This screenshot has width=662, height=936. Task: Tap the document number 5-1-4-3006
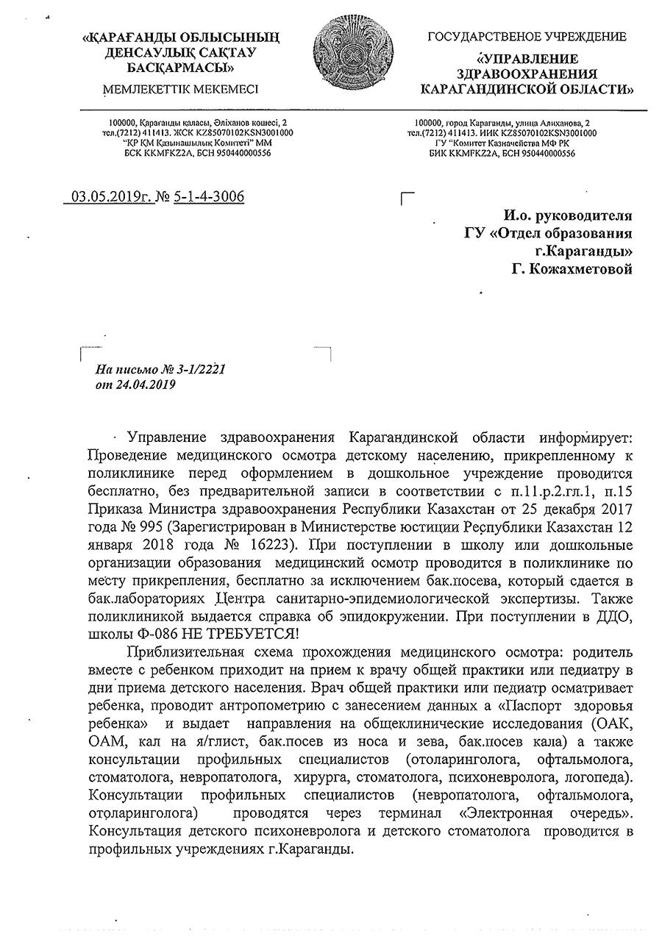(x=210, y=197)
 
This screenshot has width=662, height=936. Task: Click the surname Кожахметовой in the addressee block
(x=583, y=270)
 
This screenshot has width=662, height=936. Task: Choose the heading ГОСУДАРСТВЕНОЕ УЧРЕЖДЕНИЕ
(x=527, y=36)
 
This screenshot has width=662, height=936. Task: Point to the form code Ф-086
(x=152, y=633)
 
